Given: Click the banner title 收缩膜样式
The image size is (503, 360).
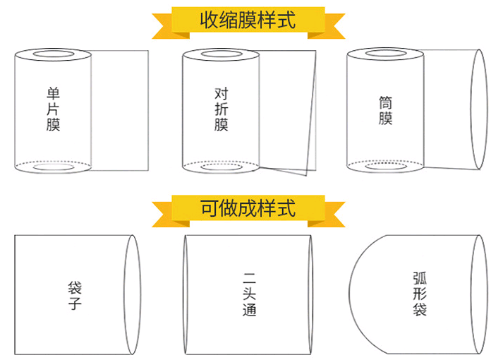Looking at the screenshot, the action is coord(248,20).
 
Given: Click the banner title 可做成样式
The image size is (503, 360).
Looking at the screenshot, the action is coord(248,208).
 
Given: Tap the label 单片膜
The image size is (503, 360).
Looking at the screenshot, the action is coord(53,109).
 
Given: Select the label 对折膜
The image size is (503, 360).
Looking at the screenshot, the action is coord(222,109).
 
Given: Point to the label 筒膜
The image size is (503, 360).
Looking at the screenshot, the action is coord(385,110).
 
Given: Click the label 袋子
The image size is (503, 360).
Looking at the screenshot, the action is coord(74,295).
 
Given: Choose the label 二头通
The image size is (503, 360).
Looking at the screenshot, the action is coord(249,294).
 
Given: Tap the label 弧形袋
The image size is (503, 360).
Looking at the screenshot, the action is coord(420,294).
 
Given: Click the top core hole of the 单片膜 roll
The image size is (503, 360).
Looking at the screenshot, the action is coord(53,54).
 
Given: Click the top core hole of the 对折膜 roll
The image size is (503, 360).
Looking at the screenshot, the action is coord(221,54).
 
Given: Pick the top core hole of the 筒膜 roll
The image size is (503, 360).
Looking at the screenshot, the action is coord(386,53).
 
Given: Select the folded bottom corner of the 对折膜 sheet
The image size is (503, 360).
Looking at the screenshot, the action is coord(306,175).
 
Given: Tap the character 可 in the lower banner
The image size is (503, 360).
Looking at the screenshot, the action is coord(209,208).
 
